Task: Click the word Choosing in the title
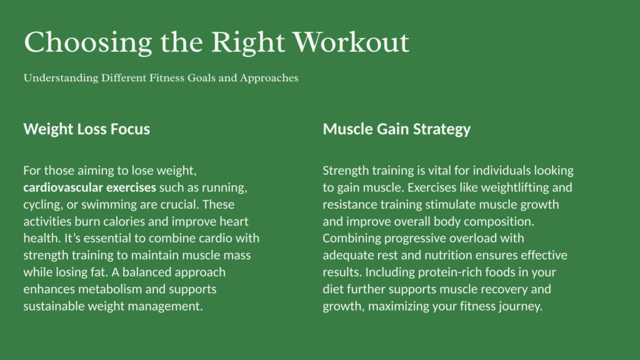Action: (87, 43)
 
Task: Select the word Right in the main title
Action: (247, 43)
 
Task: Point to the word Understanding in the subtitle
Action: (61, 78)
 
